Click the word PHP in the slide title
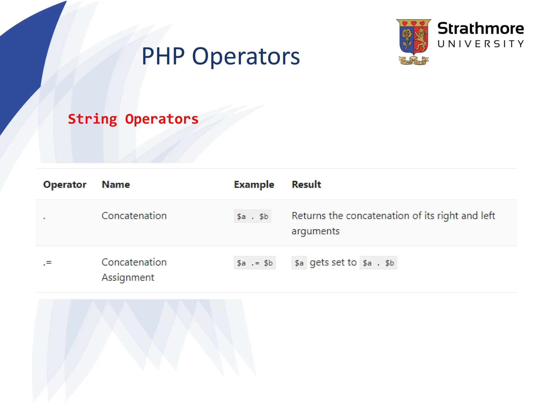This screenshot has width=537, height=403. click(x=163, y=56)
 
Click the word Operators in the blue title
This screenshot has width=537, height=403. click(x=246, y=57)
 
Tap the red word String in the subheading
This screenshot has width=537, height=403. click(x=92, y=119)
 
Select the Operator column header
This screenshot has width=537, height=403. click(x=65, y=185)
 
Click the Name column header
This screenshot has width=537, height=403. click(x=116, y=185)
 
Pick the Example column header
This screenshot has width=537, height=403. click(x=254, y=185)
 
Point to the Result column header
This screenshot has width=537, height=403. click(x=306, y=185)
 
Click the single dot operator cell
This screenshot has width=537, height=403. click(x=45, y=218)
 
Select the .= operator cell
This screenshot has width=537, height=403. click(x=47, y=263)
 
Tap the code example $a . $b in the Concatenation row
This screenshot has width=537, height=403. click(x=252, y=216)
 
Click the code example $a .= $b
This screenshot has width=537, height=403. click(x=255, y=263)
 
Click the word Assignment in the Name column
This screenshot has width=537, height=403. click(x=128, y=278)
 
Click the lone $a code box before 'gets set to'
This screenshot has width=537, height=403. click(x=299, y=263)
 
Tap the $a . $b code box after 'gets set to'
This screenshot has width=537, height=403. click(x=378, y=263)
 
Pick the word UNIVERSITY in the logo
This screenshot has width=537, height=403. click(x=481, y=44)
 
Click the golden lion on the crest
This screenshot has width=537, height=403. click(x=421, y=40)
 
